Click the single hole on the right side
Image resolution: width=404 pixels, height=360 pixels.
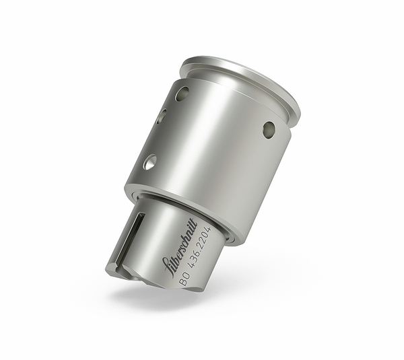pos(269,129)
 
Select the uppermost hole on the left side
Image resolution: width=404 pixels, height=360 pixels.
pos(182,94)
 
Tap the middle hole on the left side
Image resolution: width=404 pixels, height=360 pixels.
pos(162,116)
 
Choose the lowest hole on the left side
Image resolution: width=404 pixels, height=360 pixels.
pos(149,161)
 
